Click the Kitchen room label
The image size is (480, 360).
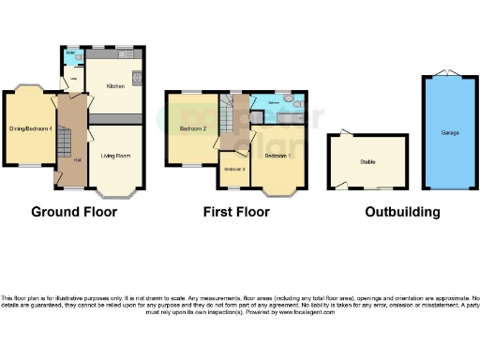click(x=115, y=86)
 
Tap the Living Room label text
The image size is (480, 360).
click(x=115, y=156)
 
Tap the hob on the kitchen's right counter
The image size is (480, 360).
click(x=137, y=77)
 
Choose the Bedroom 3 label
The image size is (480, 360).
click(x=233, y=169)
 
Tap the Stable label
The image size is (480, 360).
click(x=367, y=162)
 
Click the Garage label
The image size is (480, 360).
click(x=450, y=133)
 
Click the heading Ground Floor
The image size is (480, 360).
click(x=74, y=212)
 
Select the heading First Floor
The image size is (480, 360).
click(x=236, y=212)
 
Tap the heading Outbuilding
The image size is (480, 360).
click(x=402, y=212)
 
